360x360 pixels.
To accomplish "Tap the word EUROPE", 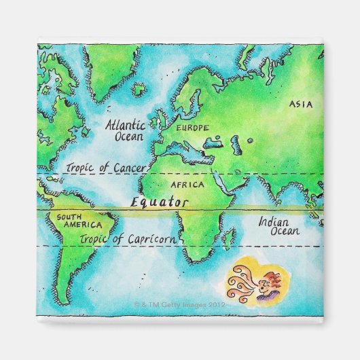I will tap(192, 127).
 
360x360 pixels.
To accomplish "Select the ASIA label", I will tap(300, 104).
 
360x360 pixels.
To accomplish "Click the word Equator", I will tap(159, 202).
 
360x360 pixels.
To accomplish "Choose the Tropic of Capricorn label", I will tap(128, 238).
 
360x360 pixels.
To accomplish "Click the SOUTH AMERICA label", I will tap(78, 221).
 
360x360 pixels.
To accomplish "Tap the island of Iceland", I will tap(139, 89).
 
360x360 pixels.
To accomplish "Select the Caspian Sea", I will tap(236, 144).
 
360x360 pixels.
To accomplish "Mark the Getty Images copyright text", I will tap(179, 305).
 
